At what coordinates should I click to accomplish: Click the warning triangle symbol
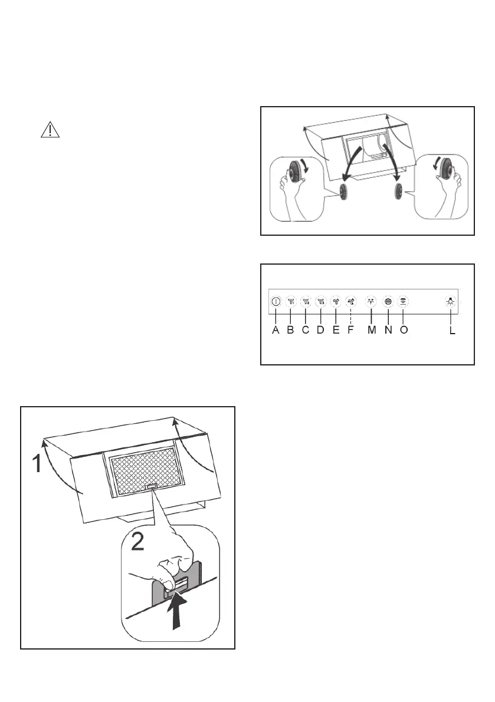[x=50, y=130]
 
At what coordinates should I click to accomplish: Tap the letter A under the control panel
[x=275, y=331]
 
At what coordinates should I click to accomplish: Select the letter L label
[x=452, y=331]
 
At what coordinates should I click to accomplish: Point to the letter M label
[x=372, y=331]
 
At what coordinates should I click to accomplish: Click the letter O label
[x=404, y=331]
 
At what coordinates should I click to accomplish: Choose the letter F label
[x=350, y=331]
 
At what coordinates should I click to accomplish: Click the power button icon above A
[x=276, y=301]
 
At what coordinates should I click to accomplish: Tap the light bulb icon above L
[x=450, y=301]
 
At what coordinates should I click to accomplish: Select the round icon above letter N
[x=388, y=301]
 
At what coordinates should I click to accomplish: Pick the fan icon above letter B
[x=290, y=301]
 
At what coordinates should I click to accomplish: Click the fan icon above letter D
[x=320, y=301]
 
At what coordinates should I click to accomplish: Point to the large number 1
[x=37, y=464]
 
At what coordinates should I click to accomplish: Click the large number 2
[x=137, y=540]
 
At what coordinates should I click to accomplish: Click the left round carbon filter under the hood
[x=343, y=192]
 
